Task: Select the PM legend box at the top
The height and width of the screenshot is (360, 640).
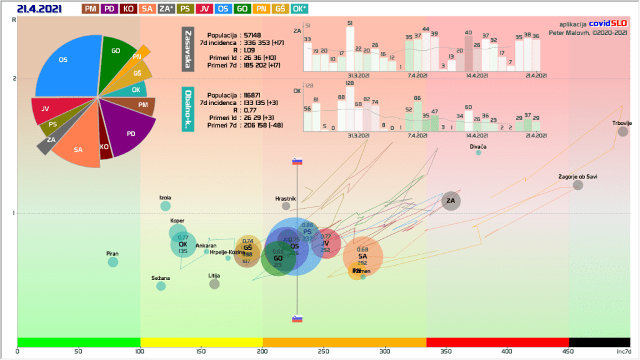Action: coord(90,9)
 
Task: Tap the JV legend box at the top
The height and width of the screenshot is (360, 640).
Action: coord(205,9)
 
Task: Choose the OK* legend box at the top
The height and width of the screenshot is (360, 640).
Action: coord(299,9)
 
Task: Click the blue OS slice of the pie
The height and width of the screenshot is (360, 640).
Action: coord(66,62)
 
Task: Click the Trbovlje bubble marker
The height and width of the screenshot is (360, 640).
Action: coord(622,131)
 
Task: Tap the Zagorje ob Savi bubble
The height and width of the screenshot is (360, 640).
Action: coord(577,185)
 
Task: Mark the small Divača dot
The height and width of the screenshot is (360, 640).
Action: coord(478,152)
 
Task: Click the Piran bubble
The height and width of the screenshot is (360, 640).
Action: coord(112,262)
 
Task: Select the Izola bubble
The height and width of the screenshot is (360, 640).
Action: coord(165,206)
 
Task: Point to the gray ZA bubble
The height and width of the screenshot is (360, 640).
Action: coord(451,201)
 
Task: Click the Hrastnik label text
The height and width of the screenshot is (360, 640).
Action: coord(286,198)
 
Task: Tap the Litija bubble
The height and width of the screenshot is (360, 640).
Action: coord(214,284)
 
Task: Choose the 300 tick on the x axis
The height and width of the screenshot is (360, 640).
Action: coord(385,351)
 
